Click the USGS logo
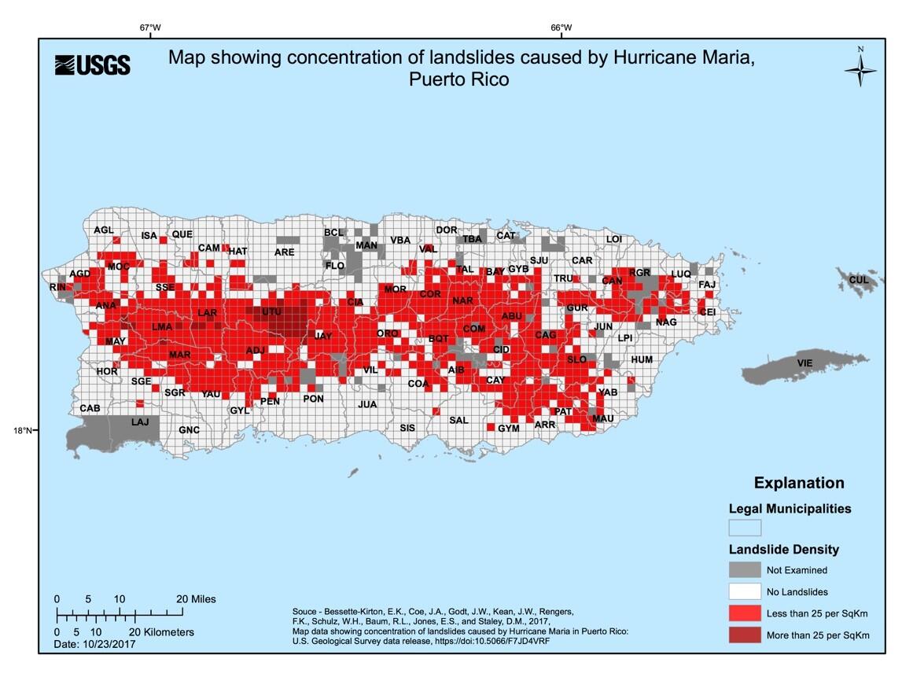click(x=92, y=65)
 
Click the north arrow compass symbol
click(x=860, y=71)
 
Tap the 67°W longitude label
click(x=150, y=28)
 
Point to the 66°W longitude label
click(x=561, y=28)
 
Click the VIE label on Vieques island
click(x=804, y=363)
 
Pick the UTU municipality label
click(x=271, y=312)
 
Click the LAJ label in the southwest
click(x=139, y=422)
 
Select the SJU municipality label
click(x=539, y=260)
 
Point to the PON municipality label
click(x=313, y=399)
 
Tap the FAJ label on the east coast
click(x=707, y=284)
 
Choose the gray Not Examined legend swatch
click(x=745, y=570)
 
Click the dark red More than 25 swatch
click(x=745, y=635)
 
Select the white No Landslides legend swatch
click(x=745, y=591)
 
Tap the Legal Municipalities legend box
click(x=745, y=527)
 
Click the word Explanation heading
click(x=799, y=483)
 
